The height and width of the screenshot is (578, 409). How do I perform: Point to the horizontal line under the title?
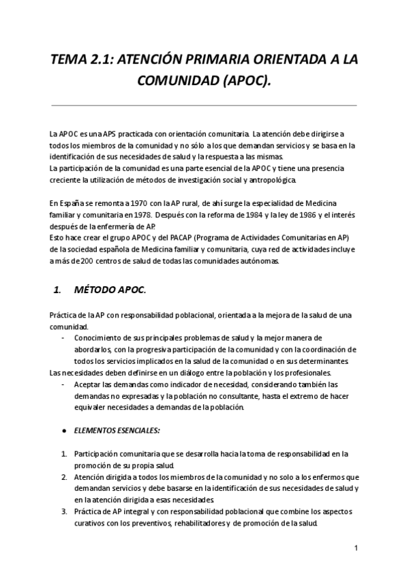point(204,106)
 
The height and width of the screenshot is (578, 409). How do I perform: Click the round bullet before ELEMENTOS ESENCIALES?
point(63,431)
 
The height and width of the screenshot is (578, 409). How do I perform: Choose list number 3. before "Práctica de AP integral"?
point(64,511)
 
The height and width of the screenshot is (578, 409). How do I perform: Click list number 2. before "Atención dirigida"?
point(64,478)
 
